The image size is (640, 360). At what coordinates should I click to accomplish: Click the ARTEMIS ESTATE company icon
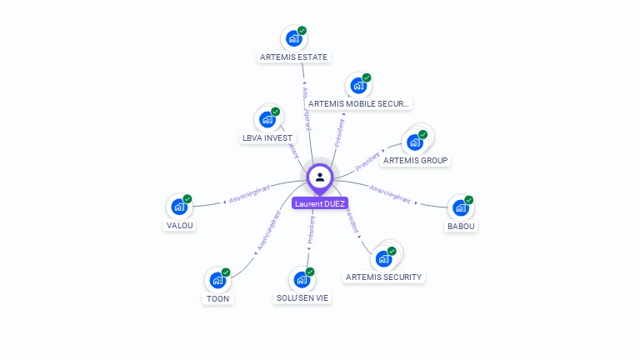click(x=293, y=38)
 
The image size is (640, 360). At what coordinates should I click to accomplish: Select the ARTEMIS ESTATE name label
click(x=294, y=57)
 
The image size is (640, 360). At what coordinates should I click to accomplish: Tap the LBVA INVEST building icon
click(x=267, y=119)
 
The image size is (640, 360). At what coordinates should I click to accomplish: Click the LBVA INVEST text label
click(x=267, y=137)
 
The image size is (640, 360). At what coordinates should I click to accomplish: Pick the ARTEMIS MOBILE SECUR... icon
click(x=358, y=85)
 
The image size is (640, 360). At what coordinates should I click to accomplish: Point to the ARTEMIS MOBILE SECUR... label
click(x=359, y=104)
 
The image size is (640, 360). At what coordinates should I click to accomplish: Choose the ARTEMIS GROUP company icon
click(x=415, y=142)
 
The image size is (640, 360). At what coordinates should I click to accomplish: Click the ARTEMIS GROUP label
click(x=416, y=160)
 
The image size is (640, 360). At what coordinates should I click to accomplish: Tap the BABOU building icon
click(x=461, y=207)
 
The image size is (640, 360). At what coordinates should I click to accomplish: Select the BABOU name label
click(x=461, y=226)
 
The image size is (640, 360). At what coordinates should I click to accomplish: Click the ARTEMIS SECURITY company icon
click(x=384, y=258)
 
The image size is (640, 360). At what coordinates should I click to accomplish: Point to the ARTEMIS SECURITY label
click(x=384, y=277)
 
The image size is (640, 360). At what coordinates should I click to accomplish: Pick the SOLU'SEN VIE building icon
click(x=302, y=279)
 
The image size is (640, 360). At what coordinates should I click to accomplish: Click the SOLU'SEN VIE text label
click(x=302, y=297)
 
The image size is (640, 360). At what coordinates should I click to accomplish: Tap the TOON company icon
click(x=217, y=280)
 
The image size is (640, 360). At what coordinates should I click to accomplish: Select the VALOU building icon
click(x=179, y=207)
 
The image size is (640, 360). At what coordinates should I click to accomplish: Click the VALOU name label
click(x=180, y=225)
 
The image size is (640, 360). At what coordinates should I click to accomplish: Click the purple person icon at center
click(x=320, y=177)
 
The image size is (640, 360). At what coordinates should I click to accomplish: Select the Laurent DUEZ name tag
click(x=320, y=203)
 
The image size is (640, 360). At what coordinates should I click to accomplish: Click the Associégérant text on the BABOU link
click(x=390, y=193)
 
